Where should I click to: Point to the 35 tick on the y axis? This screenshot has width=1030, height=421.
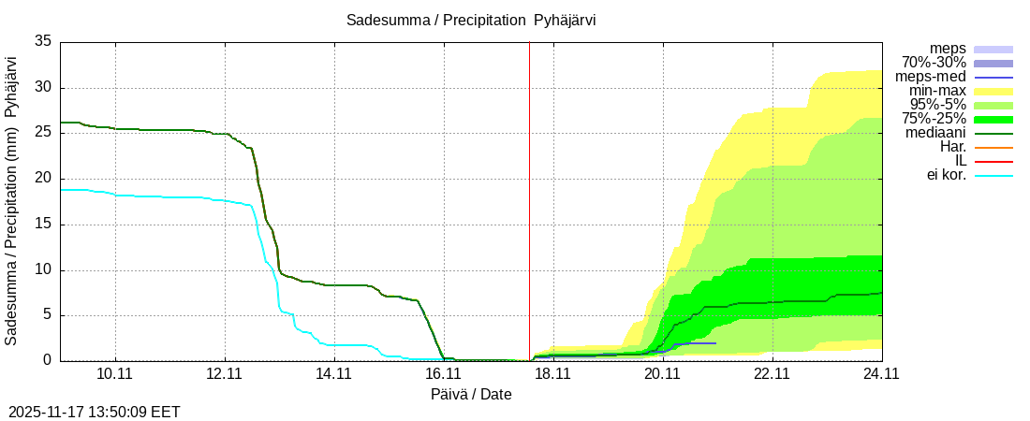(x=43, y=41)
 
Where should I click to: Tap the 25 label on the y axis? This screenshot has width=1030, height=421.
(x=43, y=133)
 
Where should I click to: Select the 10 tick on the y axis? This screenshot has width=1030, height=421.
(x=43, y=270)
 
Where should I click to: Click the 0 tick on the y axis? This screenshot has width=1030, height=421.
(x=48, y=361)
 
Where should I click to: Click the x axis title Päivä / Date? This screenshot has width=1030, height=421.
(x=471, y=394)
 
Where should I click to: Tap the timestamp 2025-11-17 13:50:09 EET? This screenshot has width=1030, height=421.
(x=94, y=412)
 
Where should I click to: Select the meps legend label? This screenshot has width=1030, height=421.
(x=948, y=49)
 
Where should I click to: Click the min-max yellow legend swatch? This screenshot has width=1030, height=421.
(x=993, y=92)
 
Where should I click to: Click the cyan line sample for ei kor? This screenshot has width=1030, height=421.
(x=993, y=176)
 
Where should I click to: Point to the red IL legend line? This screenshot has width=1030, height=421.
(x=993, y=162)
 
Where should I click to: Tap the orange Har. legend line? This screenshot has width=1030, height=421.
(x=993, y=148)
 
